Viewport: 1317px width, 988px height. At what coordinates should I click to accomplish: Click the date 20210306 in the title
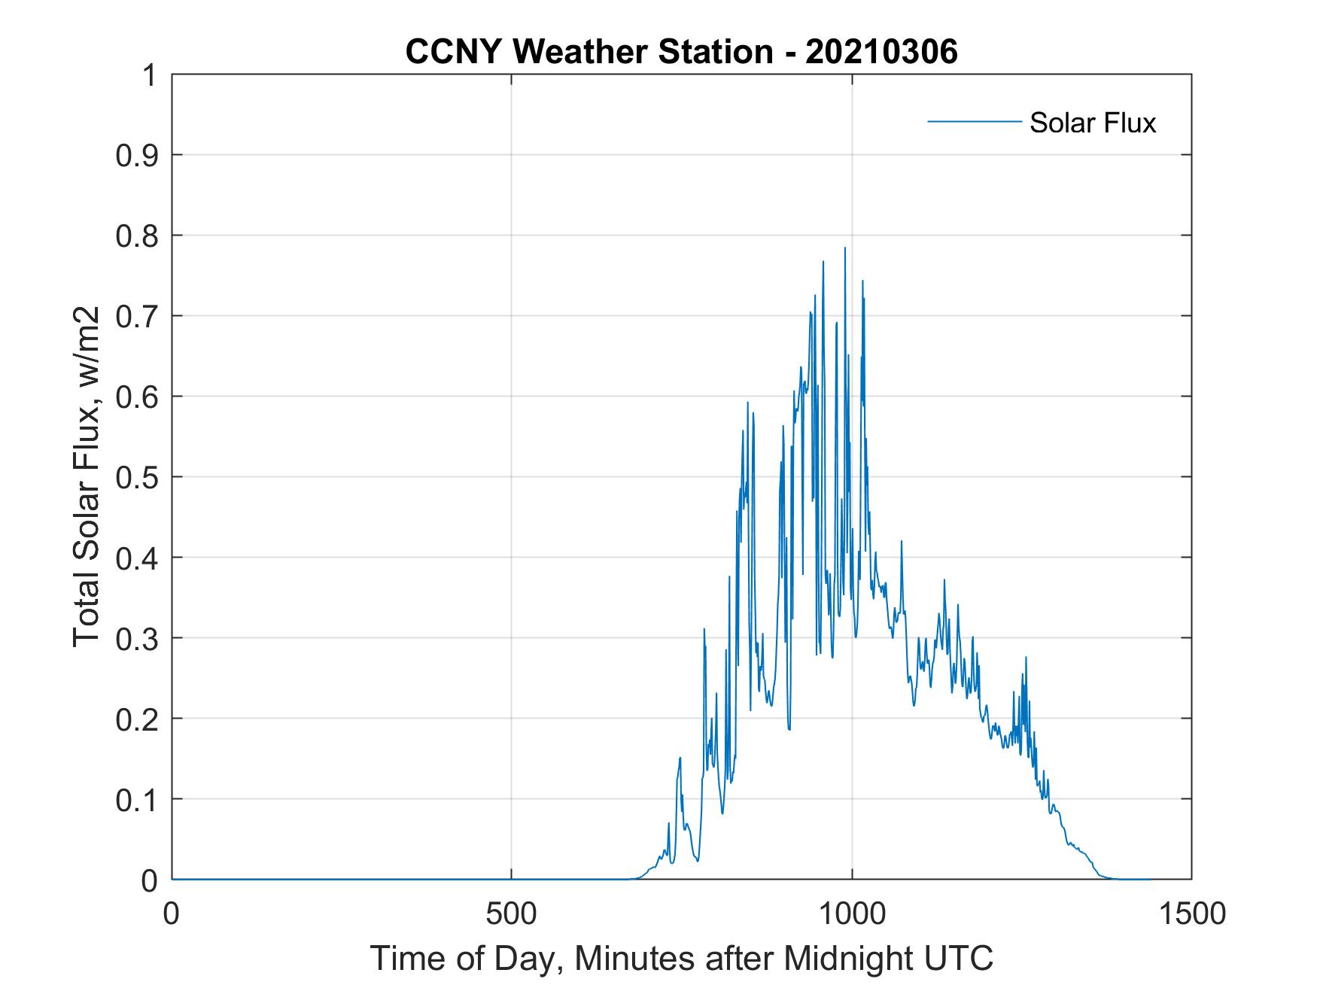(x=881, y=53)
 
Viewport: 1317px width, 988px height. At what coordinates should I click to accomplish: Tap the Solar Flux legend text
(x=1092, y=123)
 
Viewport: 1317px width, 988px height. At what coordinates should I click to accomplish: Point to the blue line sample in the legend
(x=973, y=121)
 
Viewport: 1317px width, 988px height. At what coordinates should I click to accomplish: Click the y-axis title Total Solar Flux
(x=87, y=476)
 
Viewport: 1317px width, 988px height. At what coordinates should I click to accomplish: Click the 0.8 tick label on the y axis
(x=137, y=236)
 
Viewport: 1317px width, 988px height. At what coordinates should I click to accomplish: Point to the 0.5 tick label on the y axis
(x=137, y=478)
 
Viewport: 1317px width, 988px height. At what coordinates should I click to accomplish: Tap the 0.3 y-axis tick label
(x=137, y=639)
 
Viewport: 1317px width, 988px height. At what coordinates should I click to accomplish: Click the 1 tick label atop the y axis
(x=149, y=76)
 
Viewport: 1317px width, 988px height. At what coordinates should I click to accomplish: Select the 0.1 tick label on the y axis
(x=137, y=800)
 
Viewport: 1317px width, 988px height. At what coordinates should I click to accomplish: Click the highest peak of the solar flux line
(x=844, y=248)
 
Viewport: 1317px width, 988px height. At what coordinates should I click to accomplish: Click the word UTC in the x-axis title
(x=959, y=959)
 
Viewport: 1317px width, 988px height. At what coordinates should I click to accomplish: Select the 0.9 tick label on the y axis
(x=137, y=156)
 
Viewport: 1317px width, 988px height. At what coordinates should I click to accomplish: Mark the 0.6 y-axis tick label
(x=137, y=397)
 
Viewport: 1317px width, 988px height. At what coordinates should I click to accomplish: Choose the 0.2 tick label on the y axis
(x=137, y=719)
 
